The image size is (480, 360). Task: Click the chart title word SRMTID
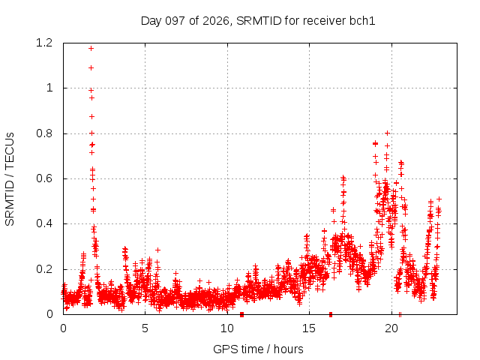click(259, 21)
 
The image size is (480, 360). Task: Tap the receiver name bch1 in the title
click(362, 21)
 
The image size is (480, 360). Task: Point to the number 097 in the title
click(175, 21)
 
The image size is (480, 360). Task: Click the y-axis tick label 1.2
click(44, 43)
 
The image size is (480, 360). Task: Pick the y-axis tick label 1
click(49, 88)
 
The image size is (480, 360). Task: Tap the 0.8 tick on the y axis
click(44, 133)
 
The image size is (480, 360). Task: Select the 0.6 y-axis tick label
click(44, 178)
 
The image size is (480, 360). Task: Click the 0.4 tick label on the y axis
click(44, 223)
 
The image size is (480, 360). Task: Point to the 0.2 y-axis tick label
click(44, 269)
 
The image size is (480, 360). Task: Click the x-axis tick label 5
click(145, 328)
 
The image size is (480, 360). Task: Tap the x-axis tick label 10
click(227, 328)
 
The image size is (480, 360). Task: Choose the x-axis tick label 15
click(309, 328)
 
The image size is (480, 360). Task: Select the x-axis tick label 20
click(391, 328)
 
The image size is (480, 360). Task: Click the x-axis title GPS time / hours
click(258, 349)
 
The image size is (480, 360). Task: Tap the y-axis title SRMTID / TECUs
click(10, 179)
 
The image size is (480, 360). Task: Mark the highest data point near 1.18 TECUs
click(91, 48)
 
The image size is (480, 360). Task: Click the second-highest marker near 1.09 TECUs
click(91, 68)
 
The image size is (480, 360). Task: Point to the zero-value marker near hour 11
click(241, 314)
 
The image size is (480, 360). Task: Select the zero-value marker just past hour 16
click(331, 314)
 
